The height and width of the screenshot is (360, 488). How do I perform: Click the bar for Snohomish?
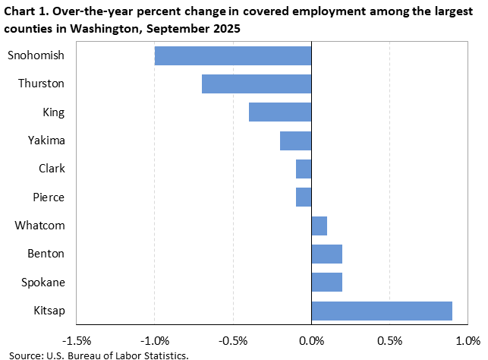pos(233,55)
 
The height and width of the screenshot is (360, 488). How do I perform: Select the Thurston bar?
pos(257,84)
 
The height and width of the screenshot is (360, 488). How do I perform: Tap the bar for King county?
pos(280,112)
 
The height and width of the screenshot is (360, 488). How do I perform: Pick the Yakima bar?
pos(296,141)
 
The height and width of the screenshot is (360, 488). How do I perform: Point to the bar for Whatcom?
pos(320,226)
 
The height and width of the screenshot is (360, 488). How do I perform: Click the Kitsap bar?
pos(382,311)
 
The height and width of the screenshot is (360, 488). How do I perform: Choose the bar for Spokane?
pos(327,283)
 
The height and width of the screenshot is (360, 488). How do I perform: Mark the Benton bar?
pos(327,254)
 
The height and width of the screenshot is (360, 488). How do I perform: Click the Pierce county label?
pos(49,197)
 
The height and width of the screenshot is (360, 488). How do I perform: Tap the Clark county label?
pos(51,169)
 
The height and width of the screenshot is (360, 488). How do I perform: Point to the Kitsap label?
pos(49,311)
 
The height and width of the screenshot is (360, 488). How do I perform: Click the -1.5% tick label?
pos(77,339)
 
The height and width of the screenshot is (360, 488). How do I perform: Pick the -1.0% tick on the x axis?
pos(155,339)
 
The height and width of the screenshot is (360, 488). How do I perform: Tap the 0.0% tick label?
pos(311,339)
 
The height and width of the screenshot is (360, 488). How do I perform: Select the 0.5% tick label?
pos(389,339)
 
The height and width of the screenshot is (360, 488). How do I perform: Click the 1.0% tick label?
pos(468,339)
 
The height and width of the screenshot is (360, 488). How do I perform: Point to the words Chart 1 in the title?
pos(24,10)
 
